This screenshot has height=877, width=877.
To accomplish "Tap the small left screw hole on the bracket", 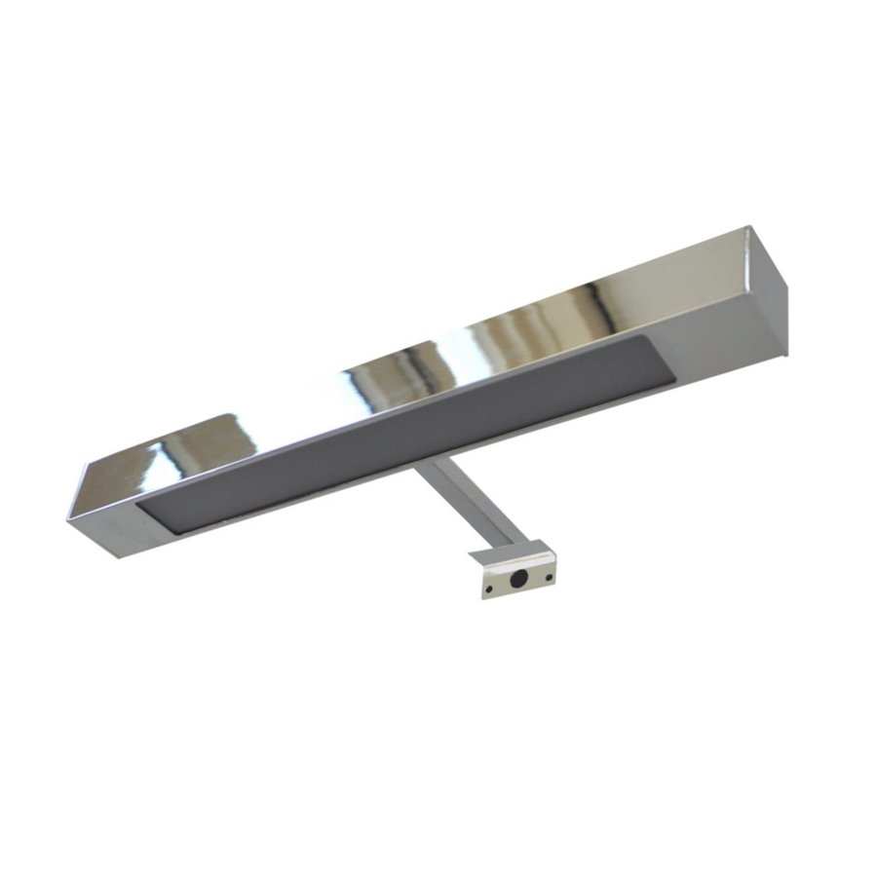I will tap(489, 589).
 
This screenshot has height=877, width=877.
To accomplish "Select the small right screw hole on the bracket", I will tap(550, 577).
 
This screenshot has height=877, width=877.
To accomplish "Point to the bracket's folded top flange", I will tap(509, 555).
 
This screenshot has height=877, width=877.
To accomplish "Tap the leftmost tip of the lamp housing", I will tap(70, 515).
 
